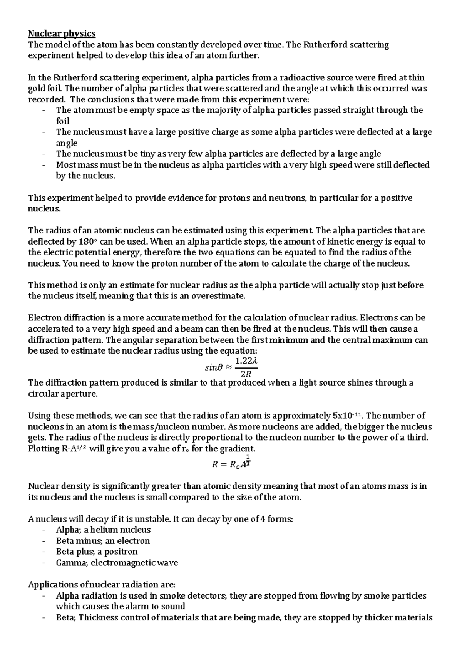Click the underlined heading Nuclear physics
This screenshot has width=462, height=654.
point(62,34)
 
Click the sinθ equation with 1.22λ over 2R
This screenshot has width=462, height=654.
point(231,367)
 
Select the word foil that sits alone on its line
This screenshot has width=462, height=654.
point(63,121)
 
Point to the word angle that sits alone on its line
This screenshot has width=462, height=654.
point(67,143)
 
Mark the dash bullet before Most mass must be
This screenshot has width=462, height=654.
point(45,165)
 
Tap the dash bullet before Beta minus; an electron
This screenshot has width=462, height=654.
point(45,541)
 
